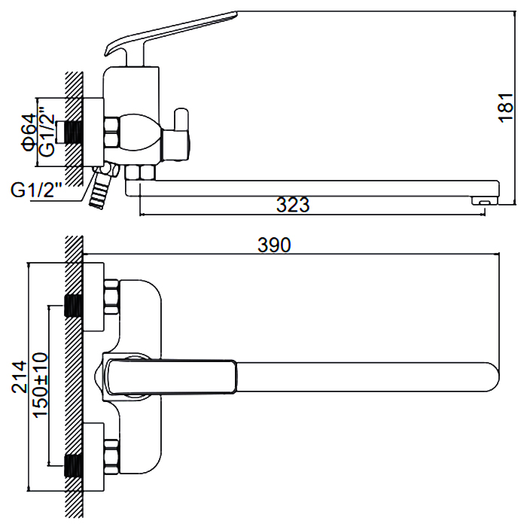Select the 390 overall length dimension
[x=276, y=245]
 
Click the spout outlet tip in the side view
[x=483, y=200]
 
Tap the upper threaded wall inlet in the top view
[x=73, y=306]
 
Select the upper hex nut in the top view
[x=111, y=297]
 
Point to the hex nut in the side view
[x=111, y=133]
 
